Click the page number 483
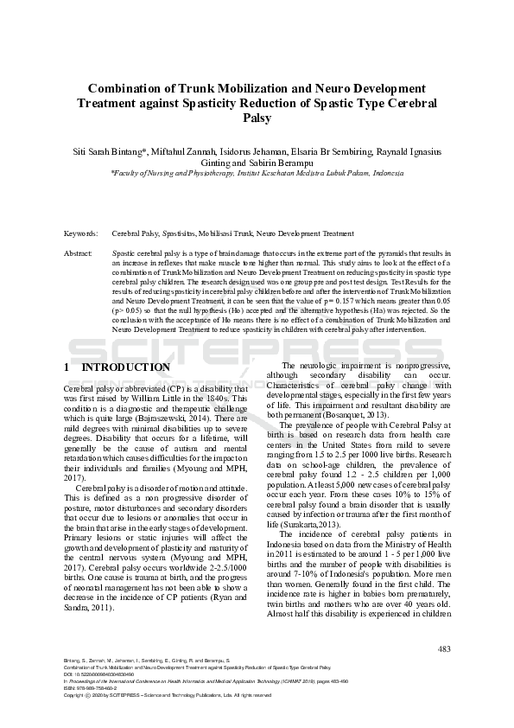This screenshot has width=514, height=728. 444,648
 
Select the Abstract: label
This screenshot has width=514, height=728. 79,253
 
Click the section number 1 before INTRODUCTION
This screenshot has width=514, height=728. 67,367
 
